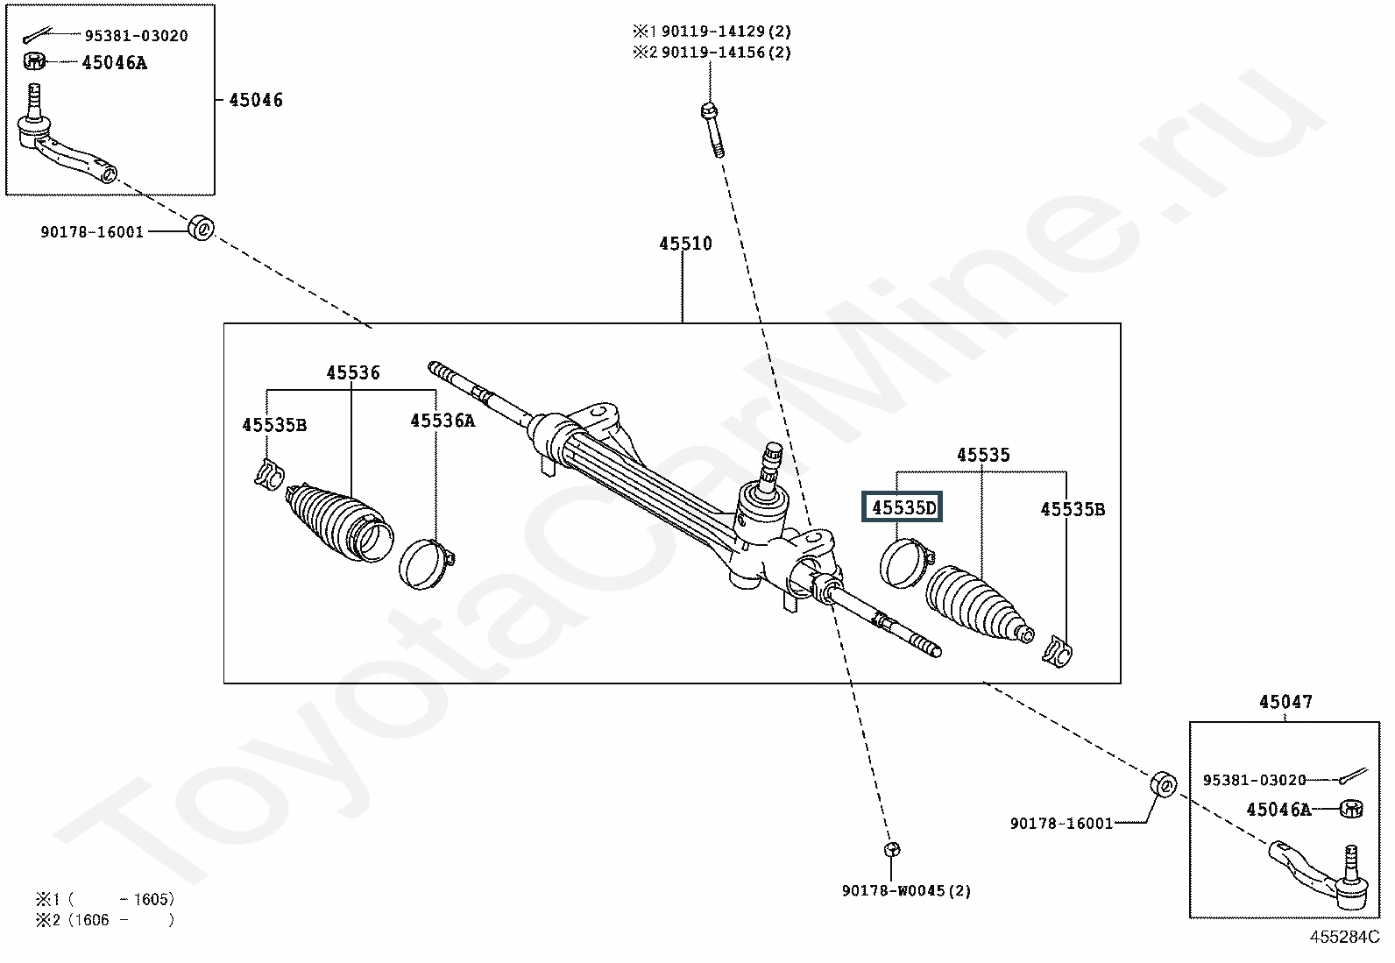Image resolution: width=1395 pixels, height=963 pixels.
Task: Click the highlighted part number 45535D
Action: coord(903,507)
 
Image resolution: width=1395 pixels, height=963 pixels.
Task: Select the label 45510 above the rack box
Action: coord(685,243)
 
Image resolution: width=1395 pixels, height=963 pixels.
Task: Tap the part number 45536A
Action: coord(443,421)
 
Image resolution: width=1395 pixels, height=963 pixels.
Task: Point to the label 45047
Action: coord(1285,701)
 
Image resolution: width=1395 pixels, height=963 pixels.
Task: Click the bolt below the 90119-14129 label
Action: coord(712,131)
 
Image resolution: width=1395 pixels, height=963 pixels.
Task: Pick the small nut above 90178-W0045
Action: coord(892,849)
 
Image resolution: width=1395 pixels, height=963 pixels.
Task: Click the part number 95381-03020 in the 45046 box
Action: coord(137,36)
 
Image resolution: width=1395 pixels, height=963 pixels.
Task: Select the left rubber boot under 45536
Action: coord(339,522)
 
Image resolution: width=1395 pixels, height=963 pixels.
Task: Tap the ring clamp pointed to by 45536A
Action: coord(426,563)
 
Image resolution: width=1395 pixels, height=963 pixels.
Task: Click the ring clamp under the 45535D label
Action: coord(906,563)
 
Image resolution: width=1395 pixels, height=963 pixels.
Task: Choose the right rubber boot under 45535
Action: coord(979,603)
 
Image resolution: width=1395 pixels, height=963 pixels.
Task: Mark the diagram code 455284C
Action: coord(1344,937)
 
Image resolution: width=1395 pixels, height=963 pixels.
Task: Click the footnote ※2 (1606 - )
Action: coord(104,920)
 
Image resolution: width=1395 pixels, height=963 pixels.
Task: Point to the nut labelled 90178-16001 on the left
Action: coord(202,229)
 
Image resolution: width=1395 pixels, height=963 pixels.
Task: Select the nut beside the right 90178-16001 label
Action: coord(1163,784)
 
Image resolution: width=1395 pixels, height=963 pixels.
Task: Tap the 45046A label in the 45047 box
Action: coord(1278,809)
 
